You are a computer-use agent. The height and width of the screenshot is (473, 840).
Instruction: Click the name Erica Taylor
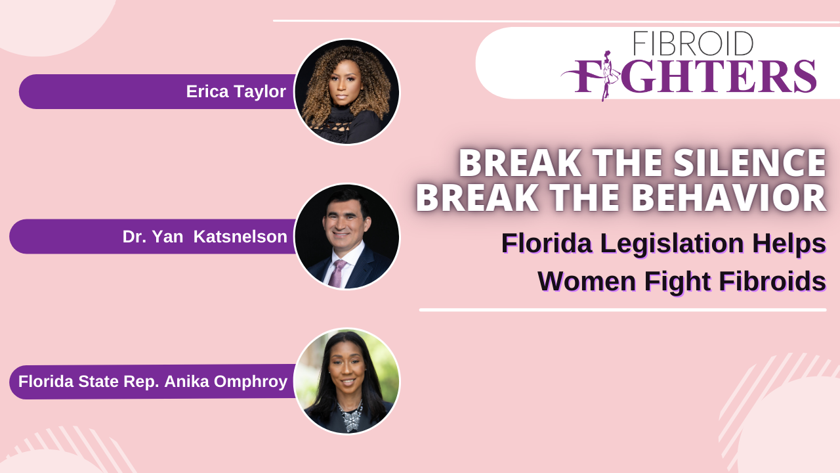coord(236,91)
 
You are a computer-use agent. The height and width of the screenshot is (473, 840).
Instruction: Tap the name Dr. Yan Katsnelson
coord(205,236)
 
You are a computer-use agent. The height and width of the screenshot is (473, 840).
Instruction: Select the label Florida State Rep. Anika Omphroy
coord(153,382)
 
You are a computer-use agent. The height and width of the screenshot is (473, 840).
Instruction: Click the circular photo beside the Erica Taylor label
coord(347,92)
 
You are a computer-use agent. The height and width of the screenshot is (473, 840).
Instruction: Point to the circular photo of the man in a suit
coord(347,236)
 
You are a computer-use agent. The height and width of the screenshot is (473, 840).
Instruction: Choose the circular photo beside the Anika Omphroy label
coord(347,381)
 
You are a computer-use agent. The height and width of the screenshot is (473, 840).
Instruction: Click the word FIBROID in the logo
coord(693,43)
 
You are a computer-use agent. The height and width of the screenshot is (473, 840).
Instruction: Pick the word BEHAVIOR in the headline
coord(728,198)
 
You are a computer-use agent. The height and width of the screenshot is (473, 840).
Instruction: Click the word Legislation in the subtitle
coord(672,243)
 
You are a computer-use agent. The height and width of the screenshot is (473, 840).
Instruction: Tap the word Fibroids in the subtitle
coord(772,281)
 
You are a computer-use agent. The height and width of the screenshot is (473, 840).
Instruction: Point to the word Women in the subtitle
coord(587,282)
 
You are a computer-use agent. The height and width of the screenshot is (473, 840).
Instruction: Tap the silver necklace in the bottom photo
coord(350,416)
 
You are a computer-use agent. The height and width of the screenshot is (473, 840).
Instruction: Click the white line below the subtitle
coord(623,310)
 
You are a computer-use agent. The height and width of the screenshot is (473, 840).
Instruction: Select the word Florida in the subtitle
coord(547,243)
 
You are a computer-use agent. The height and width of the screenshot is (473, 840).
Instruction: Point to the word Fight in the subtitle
coord(678,282)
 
